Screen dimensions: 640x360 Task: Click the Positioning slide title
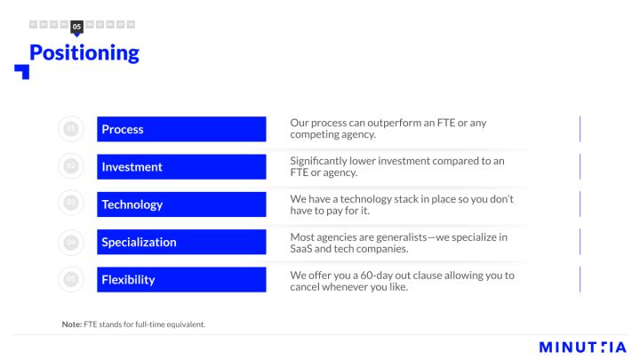(84, 53)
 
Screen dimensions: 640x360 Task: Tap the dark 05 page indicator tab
(76, 27)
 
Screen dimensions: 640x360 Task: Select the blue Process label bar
(181, 129)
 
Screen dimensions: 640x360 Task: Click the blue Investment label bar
(181, 166)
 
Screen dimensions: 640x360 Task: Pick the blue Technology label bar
(181, 204)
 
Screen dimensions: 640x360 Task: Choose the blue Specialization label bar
(181, 242)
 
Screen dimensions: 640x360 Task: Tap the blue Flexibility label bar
(181, 280)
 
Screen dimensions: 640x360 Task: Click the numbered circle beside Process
(71, 129)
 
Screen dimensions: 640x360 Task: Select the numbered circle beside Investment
(71, 166)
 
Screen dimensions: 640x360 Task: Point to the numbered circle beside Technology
(71, 203)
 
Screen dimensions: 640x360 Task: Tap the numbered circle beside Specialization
(71, 243)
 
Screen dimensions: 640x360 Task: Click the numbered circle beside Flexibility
(71, 279)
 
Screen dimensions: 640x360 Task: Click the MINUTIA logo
(582, 348)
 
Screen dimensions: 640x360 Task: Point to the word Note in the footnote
(72, 324)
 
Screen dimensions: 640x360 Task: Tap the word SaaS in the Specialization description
(300, 249)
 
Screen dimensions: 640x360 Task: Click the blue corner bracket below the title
(22, 72)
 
